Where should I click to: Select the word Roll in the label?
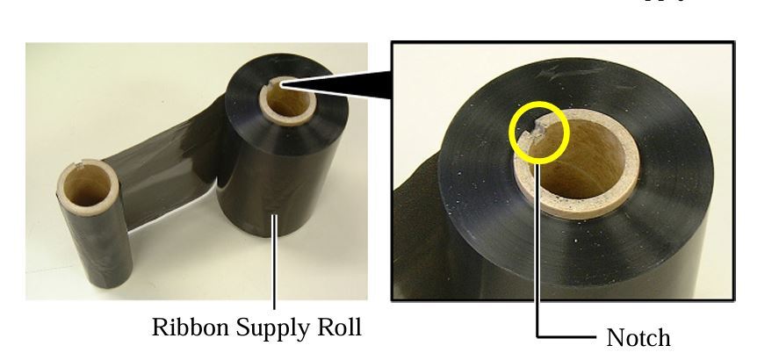tap(335, 328)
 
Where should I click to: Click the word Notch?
tap(638, 337)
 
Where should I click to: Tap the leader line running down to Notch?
tap(538, 263)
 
